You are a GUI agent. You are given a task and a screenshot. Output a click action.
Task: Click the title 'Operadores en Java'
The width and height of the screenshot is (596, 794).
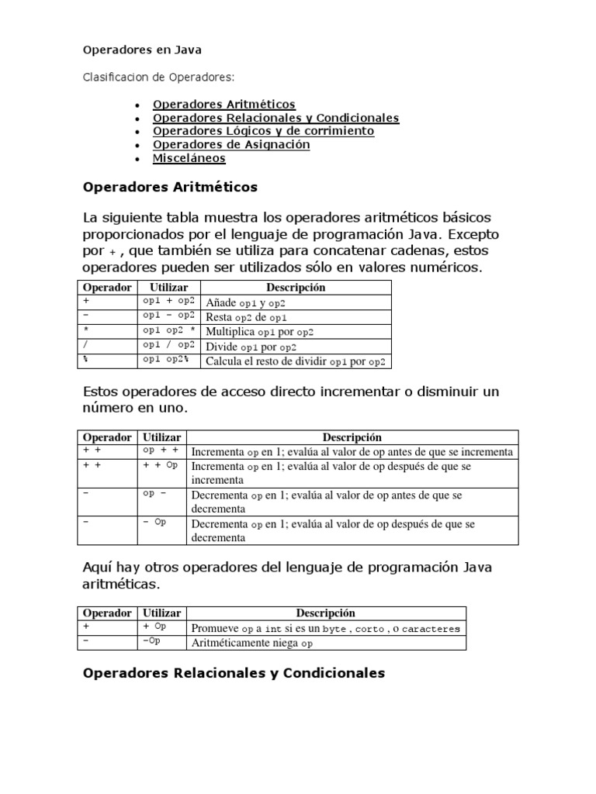click(x=142, y=50)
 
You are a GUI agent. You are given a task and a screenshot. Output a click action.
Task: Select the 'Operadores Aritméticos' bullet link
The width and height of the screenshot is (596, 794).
click(x=223, y=104)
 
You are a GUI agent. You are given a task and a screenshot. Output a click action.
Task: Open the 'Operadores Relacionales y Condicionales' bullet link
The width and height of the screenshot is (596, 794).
click(x=275, y=118)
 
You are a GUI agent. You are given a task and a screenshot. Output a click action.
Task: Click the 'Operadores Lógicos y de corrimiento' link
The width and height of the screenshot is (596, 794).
click(x=263, y=131)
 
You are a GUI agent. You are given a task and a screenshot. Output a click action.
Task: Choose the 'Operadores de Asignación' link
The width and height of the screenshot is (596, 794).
click(x=231, y=144)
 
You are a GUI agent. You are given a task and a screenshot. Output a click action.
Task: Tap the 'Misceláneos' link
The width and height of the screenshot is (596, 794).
click(x=189, y=158)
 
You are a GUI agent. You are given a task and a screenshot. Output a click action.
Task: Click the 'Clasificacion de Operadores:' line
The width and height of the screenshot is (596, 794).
click(x=159, y=77)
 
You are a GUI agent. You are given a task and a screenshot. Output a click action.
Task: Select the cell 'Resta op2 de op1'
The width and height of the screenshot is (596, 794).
click(x=247, y=317)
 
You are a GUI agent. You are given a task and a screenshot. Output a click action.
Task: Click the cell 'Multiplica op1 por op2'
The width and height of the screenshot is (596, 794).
click(x=259, y=332)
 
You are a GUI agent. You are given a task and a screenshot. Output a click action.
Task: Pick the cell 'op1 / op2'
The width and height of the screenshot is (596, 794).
click(x=168, y=347)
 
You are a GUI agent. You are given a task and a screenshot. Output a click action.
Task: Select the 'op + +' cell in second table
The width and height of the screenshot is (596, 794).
click(x=161, y=451)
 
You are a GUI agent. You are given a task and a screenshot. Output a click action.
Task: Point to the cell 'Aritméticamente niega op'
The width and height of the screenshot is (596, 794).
click(x=252, y=643)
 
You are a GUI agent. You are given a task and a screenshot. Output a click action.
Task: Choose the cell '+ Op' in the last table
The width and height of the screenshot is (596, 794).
click(x=155, y=627)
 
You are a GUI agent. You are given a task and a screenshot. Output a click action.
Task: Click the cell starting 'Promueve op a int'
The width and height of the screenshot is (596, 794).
click(x=325, y=628)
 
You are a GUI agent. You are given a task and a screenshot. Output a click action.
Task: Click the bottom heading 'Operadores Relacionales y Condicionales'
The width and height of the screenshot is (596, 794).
click(x=234, y=673)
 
